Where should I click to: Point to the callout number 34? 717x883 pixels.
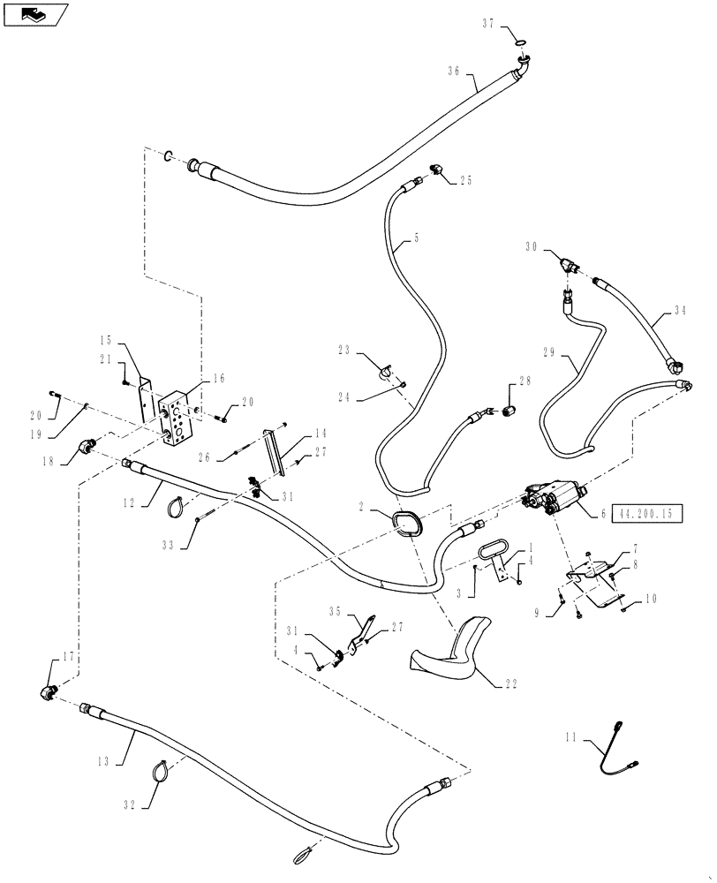(680, 310)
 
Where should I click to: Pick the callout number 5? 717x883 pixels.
(416, 238)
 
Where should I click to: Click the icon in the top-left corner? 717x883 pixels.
(33, 13)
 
